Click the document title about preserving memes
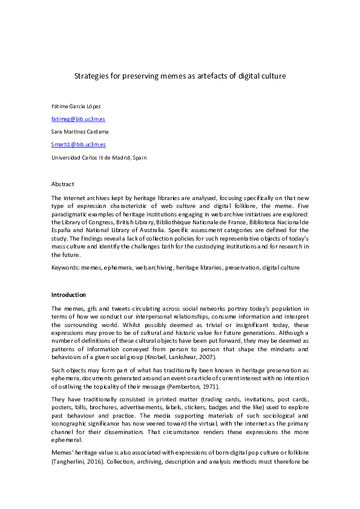pos(180,76)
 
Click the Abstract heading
pos(62,184)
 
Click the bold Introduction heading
pos(69,294)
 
